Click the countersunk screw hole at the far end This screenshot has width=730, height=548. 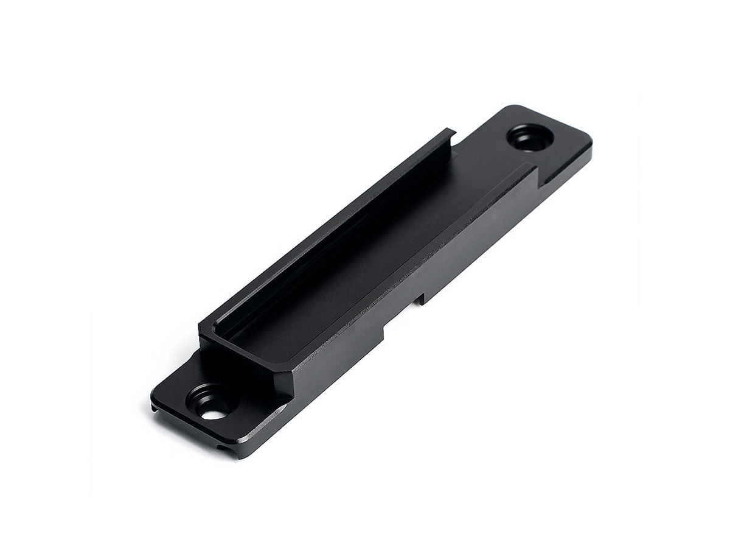point(530,137)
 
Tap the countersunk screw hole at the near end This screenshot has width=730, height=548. point(211,403)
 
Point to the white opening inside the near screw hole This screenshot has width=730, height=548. point(214,414)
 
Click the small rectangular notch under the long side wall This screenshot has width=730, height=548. point(419,299)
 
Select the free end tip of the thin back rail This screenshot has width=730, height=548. point(451,132)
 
